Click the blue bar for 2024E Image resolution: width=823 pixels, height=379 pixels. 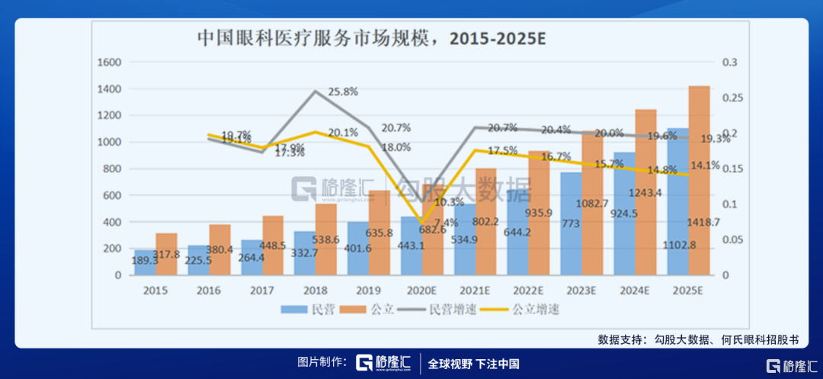click(625, 214)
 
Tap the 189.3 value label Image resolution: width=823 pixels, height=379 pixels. click(145, 261)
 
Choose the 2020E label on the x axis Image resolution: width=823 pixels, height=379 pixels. click(421, 291)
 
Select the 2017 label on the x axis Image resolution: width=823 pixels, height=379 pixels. click(261, 291)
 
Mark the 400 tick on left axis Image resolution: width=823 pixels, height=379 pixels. click(114, 222)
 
